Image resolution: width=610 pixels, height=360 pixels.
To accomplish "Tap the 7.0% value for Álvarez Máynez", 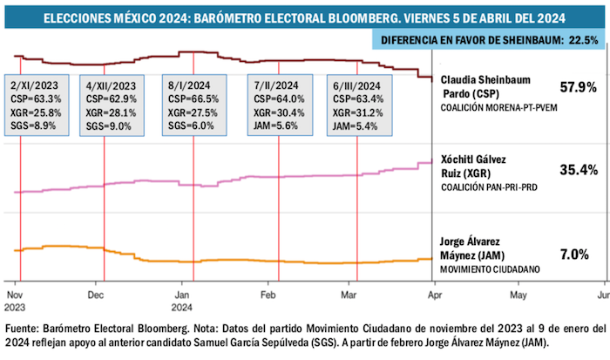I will coord(576,254).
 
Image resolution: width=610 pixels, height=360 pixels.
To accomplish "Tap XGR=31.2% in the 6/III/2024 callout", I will coord(356,113).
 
